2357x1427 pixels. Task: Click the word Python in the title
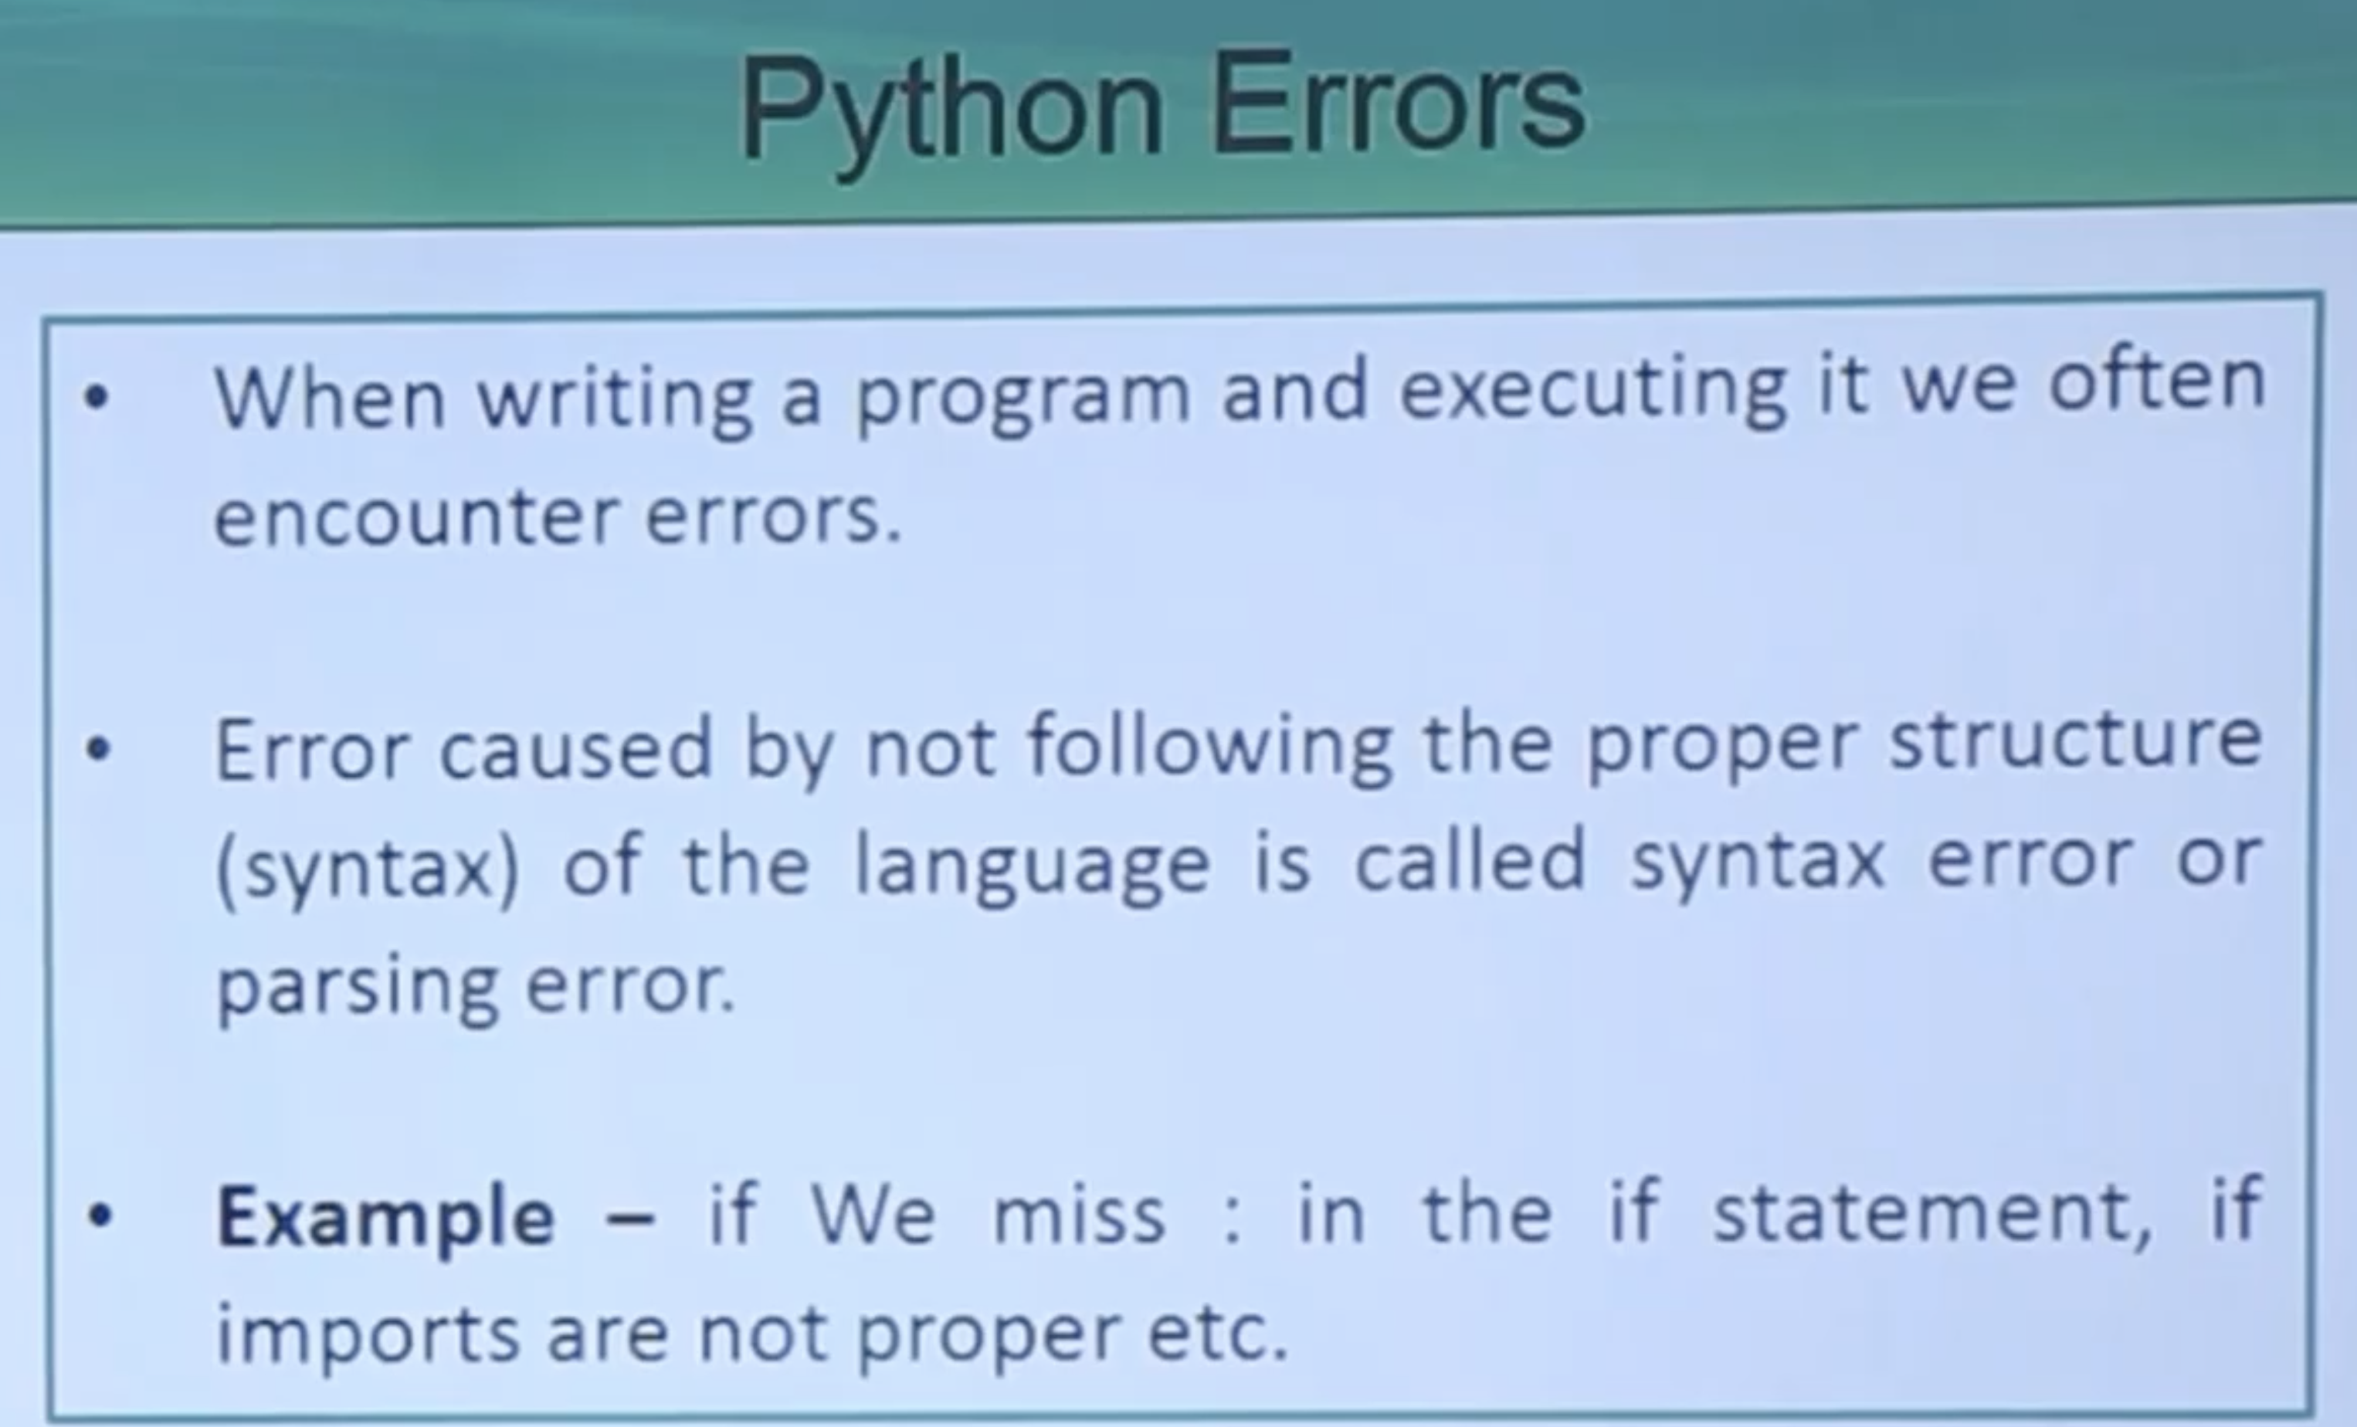pyautogui.click(x=951, y=113)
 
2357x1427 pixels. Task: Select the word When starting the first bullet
pyautogui.click(x=330, y=396)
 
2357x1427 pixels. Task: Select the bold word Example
pyautogui.click(x=385, y=1218)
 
